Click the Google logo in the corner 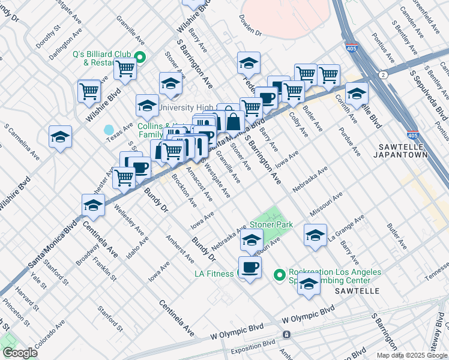click(19, 353)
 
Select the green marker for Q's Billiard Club click(140, 58)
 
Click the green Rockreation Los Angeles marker click(279, 275)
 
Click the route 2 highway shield click(382, 74)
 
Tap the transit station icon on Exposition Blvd click(287, 334)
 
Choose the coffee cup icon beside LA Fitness click(250, 267)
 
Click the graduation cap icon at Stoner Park click(252, 240)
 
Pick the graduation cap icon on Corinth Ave click(357, 93)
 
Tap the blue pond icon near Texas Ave click(109, 130)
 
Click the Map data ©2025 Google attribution click(412, 355)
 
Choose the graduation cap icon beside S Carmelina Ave click(61, 137)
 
